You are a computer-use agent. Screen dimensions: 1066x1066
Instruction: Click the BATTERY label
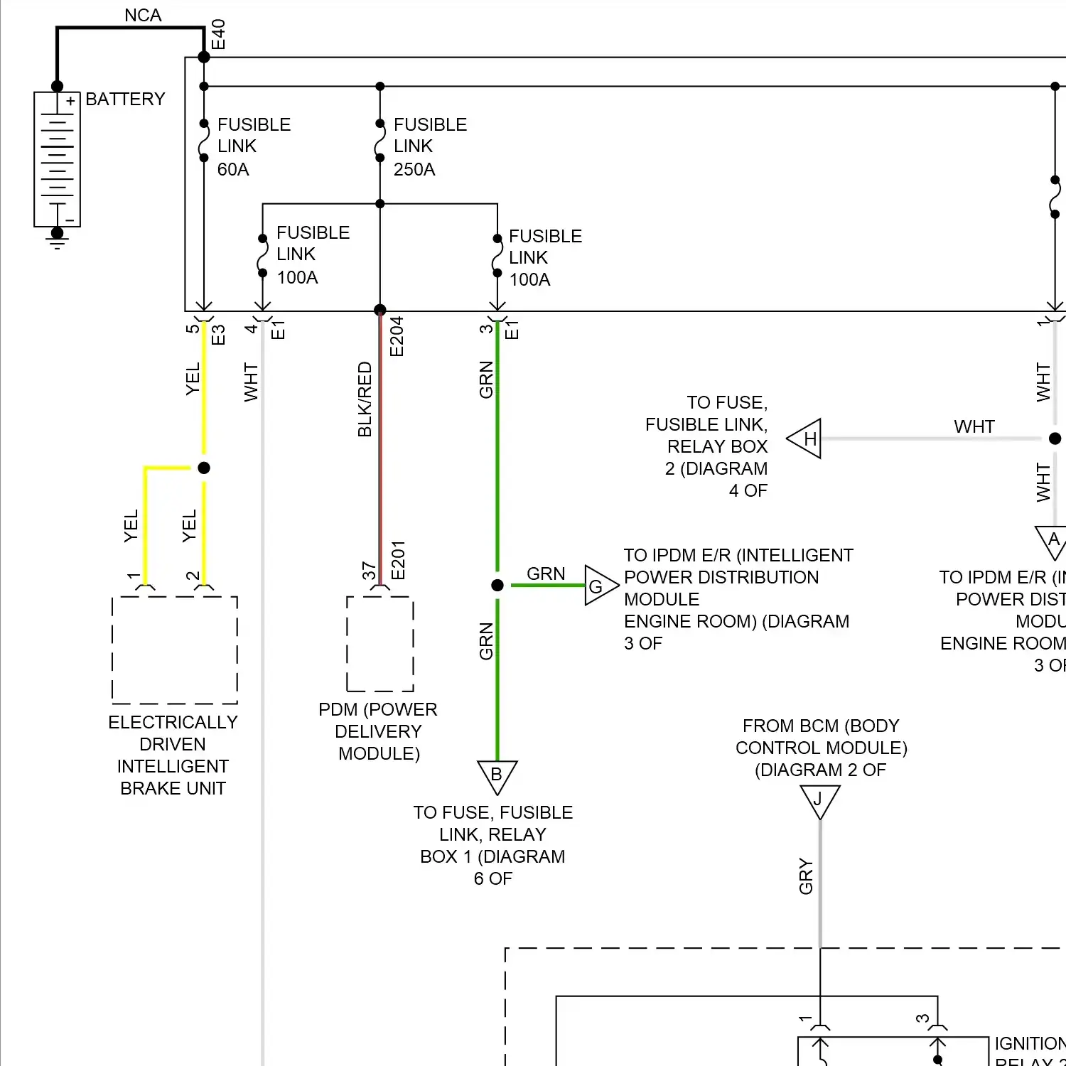[x=125, y=99]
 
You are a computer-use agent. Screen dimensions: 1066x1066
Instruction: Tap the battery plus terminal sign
[x=70, y=102]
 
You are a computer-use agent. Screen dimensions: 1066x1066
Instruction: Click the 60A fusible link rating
[x=233, y=170]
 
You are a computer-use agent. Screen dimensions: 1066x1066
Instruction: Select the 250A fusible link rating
[x=414, y=170]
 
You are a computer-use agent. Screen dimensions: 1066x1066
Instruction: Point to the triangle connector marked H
[x=807, y=439]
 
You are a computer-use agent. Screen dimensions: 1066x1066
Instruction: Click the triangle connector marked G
[x=598, y=586]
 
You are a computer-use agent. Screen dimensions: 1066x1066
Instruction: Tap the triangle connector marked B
[x=497, y=775]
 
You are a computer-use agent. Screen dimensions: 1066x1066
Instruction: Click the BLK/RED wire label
[x=365, y=399]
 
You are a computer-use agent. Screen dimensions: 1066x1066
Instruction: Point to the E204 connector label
[x=397, y=336]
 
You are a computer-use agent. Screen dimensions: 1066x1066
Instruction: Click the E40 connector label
[x=218, y=34]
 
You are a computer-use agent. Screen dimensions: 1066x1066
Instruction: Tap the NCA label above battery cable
[x=143, y=15]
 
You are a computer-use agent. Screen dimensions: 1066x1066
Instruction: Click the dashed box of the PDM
[x=380, y=644]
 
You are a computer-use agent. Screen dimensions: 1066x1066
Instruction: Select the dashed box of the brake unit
[x=175, y=650]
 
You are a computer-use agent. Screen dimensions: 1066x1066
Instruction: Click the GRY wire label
[x=806, y=876]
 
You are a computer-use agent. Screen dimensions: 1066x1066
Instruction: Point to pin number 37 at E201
[x=369, y=571]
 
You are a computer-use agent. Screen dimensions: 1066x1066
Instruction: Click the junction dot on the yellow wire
[x=204, y=468]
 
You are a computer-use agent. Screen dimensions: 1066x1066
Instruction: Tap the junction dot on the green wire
[x=497, y=585]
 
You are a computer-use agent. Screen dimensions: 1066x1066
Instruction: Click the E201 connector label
[x=398, y=560]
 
